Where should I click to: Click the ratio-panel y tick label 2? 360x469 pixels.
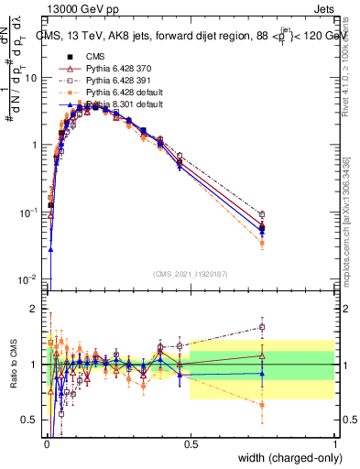34,309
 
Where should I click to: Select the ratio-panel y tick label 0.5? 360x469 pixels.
29,420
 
